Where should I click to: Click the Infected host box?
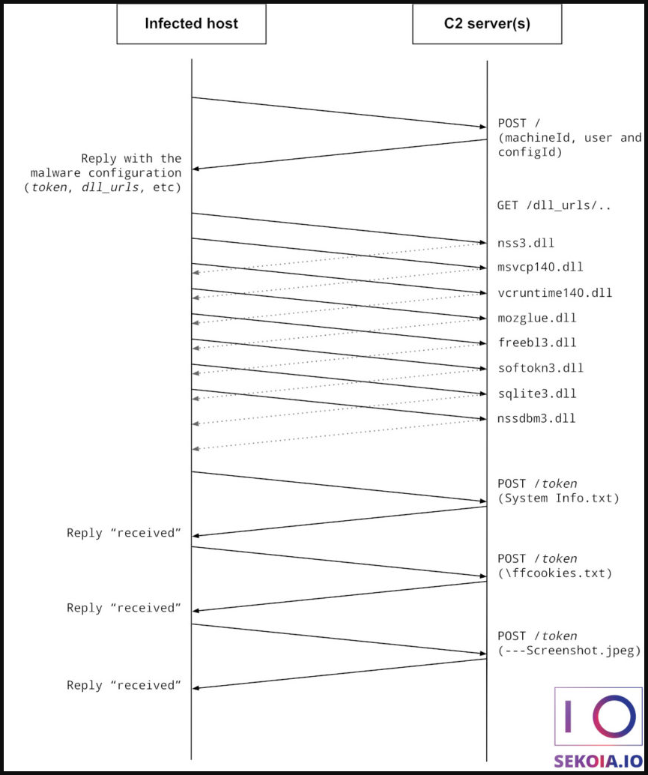(191, 23)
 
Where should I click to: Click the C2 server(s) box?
(487, 23)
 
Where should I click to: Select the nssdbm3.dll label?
(536, 418)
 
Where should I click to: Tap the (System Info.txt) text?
(558, 498)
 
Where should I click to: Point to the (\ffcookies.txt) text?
(554, 573)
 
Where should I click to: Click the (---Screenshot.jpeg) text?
(569, 651)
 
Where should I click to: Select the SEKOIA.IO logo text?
(598, 761)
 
